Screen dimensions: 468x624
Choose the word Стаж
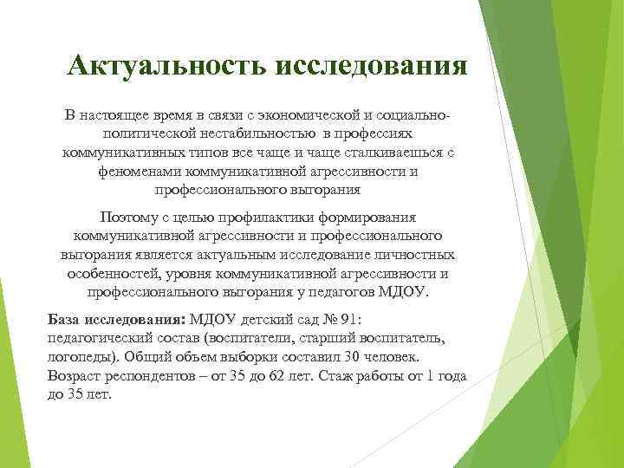point(350,374)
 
